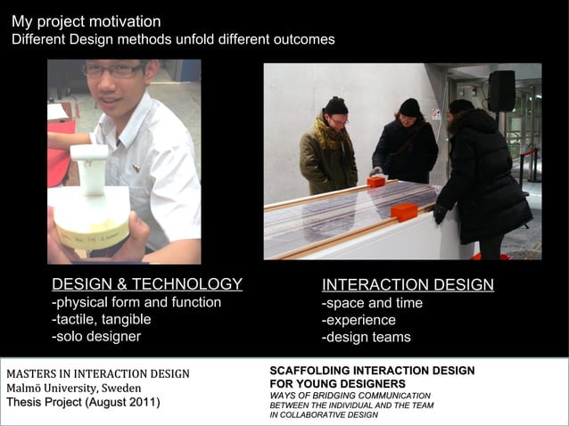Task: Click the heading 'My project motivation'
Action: click(x=87, y=21)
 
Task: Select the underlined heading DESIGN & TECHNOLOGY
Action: click(x=147, y=284)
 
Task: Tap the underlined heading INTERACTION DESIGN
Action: click(x=408, y=285)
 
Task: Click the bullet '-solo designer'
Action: click(x=96, y=336)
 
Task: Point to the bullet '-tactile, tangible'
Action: click(x=102, y=319)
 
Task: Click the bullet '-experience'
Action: click(x=359, y=320)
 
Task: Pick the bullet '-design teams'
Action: click(x=366, y=337)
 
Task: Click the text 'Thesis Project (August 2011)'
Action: click(x=83, y=403)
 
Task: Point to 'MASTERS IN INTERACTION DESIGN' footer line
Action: click(x=98, y=373)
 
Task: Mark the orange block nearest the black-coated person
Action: click(x=404, y=212)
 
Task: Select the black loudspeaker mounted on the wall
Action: click(x=501, y=91)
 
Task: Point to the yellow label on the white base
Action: click(x=92, y=235)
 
